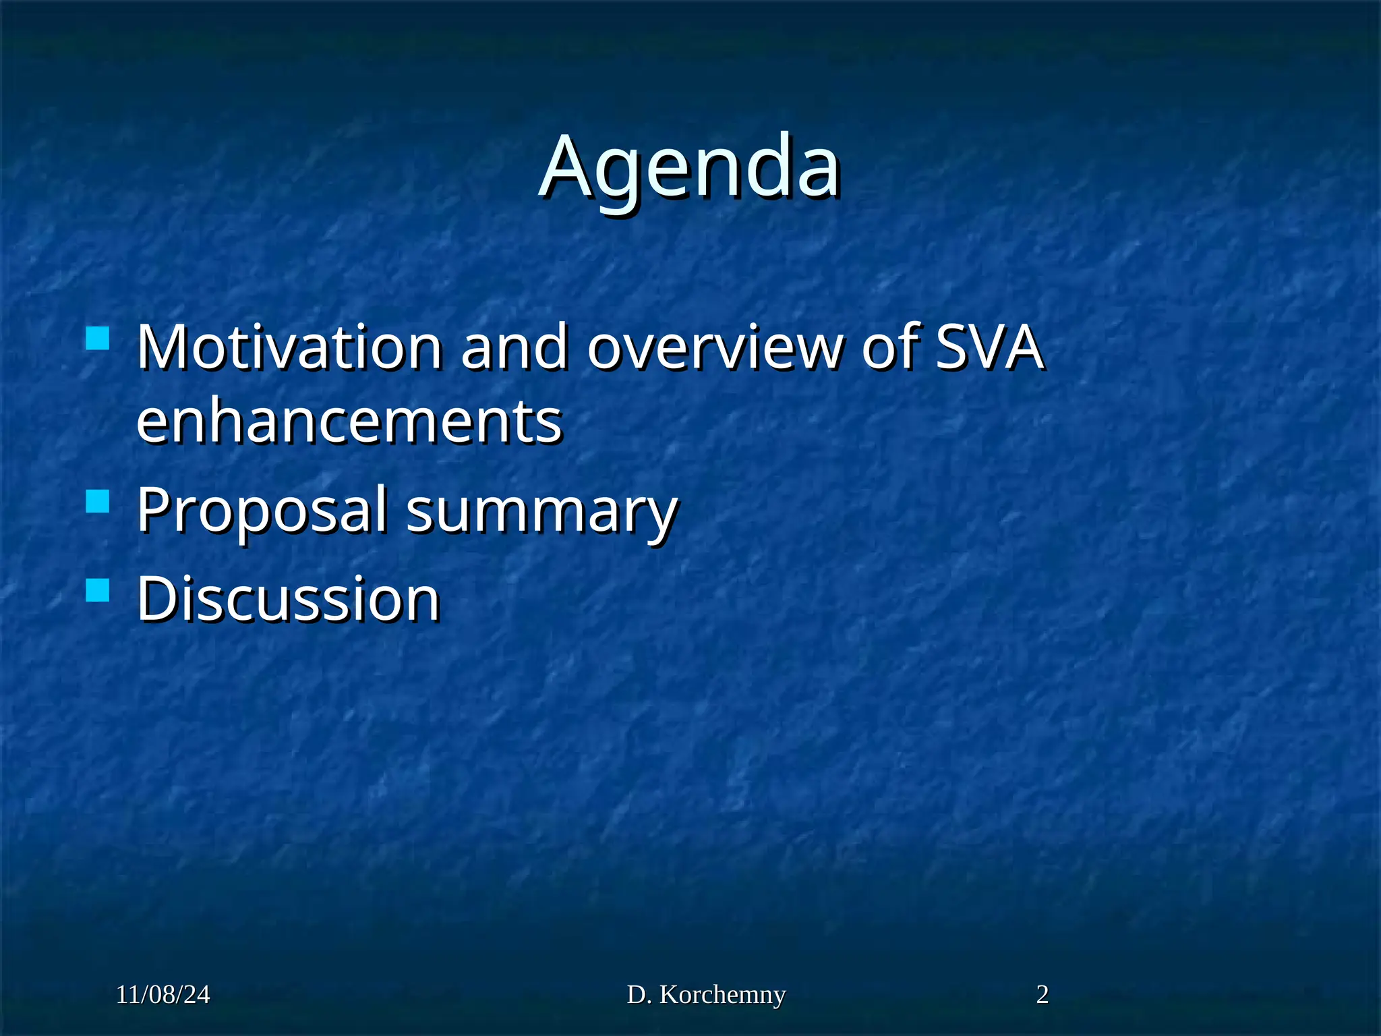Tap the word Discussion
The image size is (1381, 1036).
tap(289, 598)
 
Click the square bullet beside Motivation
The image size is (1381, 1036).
tap(98, 339)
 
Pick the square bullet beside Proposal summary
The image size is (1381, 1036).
tap(98, 502)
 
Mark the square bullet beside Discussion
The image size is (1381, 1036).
tap(98, 591)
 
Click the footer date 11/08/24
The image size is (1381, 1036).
tap(163, 994)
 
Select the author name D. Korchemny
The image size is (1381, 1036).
tap(706, 994)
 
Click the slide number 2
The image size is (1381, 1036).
tap(1042, 994)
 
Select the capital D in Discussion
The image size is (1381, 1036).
tap(156, 598)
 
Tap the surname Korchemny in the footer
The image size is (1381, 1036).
tap(722, 994)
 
